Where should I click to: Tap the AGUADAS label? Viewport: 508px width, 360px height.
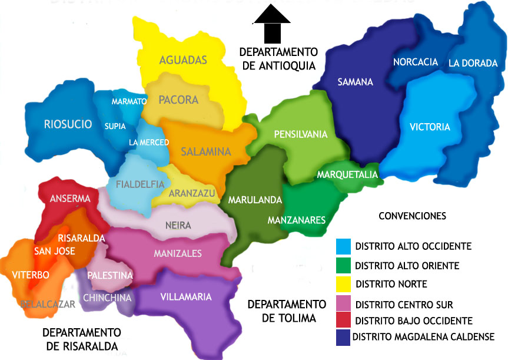183,60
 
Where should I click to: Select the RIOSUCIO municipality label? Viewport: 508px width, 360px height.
68,124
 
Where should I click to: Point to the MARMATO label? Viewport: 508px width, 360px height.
129,101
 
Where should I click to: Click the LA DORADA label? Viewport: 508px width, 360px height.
473,63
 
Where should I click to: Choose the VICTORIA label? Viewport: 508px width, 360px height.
430,127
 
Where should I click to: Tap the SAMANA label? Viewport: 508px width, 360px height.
355,82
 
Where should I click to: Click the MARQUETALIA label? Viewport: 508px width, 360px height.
347,175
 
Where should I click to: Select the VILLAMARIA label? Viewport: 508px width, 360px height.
186,297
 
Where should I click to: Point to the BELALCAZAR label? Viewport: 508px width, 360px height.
48,305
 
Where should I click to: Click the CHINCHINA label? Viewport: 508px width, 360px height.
103,298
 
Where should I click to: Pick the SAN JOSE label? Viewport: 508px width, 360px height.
54,251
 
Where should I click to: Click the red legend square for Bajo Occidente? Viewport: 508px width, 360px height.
343,321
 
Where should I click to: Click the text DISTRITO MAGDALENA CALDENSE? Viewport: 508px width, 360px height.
423,338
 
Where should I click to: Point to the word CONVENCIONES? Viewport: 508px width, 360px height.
412,216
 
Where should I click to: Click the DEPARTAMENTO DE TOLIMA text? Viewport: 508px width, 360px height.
287,311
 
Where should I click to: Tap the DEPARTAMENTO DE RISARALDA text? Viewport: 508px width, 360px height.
81,339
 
